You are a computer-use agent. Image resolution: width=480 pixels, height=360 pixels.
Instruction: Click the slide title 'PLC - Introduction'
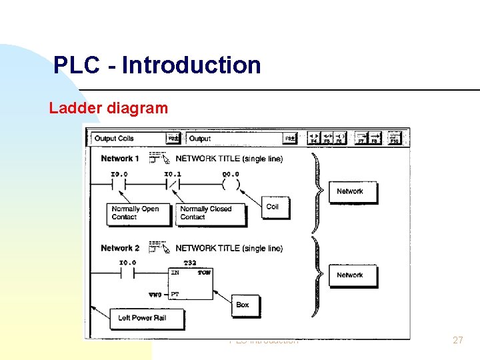click(x=157, y=65)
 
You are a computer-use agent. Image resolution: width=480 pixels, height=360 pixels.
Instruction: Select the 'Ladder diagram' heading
click(x=108, y=108)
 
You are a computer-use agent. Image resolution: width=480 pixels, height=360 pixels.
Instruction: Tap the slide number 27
click(x=457, y=340)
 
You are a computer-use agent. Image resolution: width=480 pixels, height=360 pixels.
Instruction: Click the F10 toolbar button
click(x=394, y=138)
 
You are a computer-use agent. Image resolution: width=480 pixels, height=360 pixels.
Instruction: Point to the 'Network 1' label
click(x=120, y=159)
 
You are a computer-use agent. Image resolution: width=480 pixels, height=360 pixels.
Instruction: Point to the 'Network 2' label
click(x=120, y=248)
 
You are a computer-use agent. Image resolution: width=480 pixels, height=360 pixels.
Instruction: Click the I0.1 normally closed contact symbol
click(x=173, y=183)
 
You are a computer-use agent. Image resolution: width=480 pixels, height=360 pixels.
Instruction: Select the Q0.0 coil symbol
click(x=231, y=183)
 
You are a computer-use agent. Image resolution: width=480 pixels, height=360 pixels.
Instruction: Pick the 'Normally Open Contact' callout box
click(x=135, y=213)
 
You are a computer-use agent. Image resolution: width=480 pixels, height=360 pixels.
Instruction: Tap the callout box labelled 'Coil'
click(x=273, y=207)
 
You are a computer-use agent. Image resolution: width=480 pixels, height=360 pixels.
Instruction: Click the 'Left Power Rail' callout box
click(x=141, y=318)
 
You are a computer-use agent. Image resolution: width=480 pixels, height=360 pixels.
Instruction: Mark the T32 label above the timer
click(x=190, y=263)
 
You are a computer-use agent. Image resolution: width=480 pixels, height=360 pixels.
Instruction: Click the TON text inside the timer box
click(x=204, y=273)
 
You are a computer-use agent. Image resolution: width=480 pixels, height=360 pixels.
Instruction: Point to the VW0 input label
click(x=156, y=294)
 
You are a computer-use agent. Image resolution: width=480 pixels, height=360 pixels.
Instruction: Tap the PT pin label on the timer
click(x=175, y=294)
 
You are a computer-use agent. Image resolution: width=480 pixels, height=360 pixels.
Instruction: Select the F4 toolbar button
click(x=313, y=138)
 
